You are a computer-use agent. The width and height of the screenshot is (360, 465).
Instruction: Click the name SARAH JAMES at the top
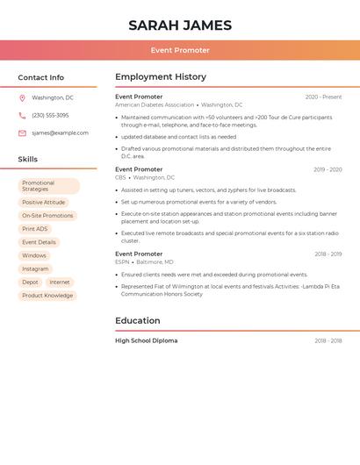180,25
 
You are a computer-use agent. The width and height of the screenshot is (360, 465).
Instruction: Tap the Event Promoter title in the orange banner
180,51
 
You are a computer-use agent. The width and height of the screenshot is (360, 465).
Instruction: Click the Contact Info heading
41,77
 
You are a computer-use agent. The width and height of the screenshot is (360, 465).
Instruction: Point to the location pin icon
22,98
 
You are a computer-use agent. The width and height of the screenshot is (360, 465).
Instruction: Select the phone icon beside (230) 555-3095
22,116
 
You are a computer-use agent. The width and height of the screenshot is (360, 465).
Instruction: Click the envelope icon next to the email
22,133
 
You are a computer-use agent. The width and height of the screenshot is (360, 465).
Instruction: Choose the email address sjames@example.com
60,133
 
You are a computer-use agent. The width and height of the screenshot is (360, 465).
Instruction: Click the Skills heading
28,160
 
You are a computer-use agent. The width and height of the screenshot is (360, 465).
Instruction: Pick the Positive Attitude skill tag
44,203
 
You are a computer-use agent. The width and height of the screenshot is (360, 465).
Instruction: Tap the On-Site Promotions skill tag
47,216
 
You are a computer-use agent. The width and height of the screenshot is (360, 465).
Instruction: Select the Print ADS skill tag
35,229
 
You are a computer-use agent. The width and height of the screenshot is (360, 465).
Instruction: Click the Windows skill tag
34,256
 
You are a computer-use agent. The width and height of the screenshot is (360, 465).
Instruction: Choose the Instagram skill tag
35,269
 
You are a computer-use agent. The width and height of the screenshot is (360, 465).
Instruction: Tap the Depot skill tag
31,283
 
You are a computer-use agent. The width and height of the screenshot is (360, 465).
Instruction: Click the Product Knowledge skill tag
47,296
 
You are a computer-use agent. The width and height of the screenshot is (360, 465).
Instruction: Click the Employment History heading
161,77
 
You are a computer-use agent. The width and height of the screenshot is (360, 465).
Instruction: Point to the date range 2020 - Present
323,97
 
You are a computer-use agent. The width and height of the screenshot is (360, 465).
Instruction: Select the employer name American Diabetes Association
155,105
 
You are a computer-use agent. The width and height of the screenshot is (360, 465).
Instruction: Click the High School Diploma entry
146,340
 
